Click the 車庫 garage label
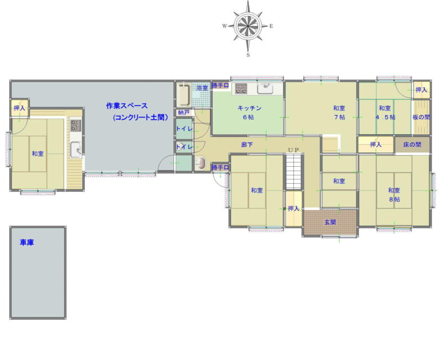point(27,242)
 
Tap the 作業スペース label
point(127,106)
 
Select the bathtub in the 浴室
point(184,94)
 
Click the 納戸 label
point(183,113)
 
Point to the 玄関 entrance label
point(330,222)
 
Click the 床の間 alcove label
point(412,145)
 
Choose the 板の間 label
point(421,117)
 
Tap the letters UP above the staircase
point(293,150)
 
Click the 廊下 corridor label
point(247,145)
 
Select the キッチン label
point(250,108)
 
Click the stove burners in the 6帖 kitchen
point(241,88)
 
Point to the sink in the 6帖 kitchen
point(265,89)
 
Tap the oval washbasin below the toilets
point(201,163)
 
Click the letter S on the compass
point(248,55)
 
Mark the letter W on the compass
point(225,26)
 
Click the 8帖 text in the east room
point(394,199)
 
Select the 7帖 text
point(339,117)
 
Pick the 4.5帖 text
point(385,117)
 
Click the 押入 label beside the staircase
point(293,209)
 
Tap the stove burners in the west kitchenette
point(76,125)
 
